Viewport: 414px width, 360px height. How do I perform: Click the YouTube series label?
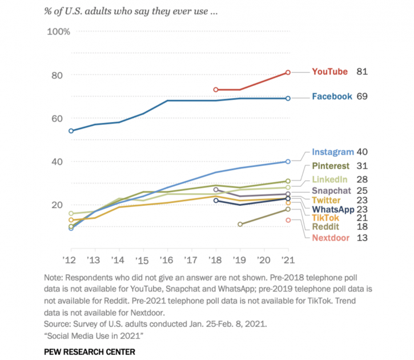click(329, 72)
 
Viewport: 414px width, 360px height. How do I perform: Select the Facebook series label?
click(332, 97)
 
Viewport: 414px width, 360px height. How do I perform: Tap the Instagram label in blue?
click(332, 152)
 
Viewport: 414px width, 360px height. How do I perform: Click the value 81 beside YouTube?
click(361, 72)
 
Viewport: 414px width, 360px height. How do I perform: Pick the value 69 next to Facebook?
click(361, 97)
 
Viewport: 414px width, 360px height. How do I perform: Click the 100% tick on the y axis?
click(58, 31)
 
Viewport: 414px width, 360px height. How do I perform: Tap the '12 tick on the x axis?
click(71, 260)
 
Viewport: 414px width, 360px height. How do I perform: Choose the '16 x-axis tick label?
click(167, 260)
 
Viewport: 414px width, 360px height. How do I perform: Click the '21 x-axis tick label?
click(288, 260)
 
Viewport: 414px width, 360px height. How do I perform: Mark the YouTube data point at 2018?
click(216, 90)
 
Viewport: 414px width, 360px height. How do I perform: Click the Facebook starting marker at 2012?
click(71, 131)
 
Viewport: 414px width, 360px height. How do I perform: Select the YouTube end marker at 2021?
click(288, 72)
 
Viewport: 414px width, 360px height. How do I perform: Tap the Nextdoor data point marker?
click(288, 220)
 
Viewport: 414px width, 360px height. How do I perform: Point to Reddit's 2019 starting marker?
click(240, 224)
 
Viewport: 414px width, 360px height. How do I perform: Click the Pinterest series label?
click(332, 166)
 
